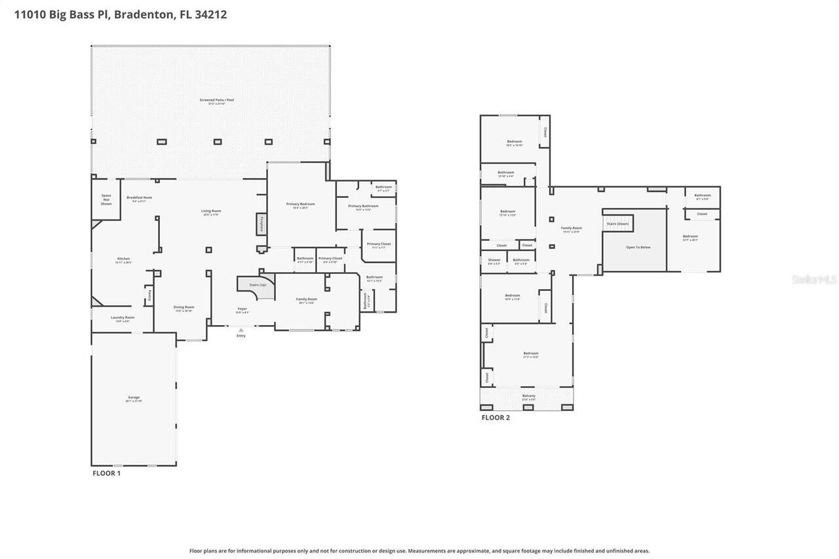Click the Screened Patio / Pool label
pyautogui.click(x=216, y=100)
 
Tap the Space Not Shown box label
pyautogui.click(x=106, y=200)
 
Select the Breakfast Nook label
pyautogui.click(x=139, y=197)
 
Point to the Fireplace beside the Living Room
pyautogui.click(x=262, y=223)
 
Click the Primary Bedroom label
pyautogui.click(x=300, y=204)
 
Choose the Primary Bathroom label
pyautogui.click(x=363, y=206)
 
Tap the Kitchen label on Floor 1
pyautogui.click(x=123, y=259)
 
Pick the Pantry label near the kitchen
pyautogui.click(x=149, y=295)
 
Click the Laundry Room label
pyautogui.click(x=123, y=318)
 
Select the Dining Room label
pyautogui.click(x=184, y=307)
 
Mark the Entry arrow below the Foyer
pyautogui.click(x=241, y=330)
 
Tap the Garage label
pyautogui.click(x=134, y=398)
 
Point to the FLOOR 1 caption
pyautogui.click(x=106, y=472)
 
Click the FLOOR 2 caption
pyautogui.click(x=496, y=417)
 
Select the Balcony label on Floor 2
pyautogui.click(x=528, y=396)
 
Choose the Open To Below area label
pyautogui.click(x=638, y=247)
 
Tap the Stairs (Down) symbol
pyautogui.click(x=617, y=223)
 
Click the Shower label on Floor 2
pyautogui.click(x=494, y=260)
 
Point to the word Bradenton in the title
pyautogui.click(x=143, y=14)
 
